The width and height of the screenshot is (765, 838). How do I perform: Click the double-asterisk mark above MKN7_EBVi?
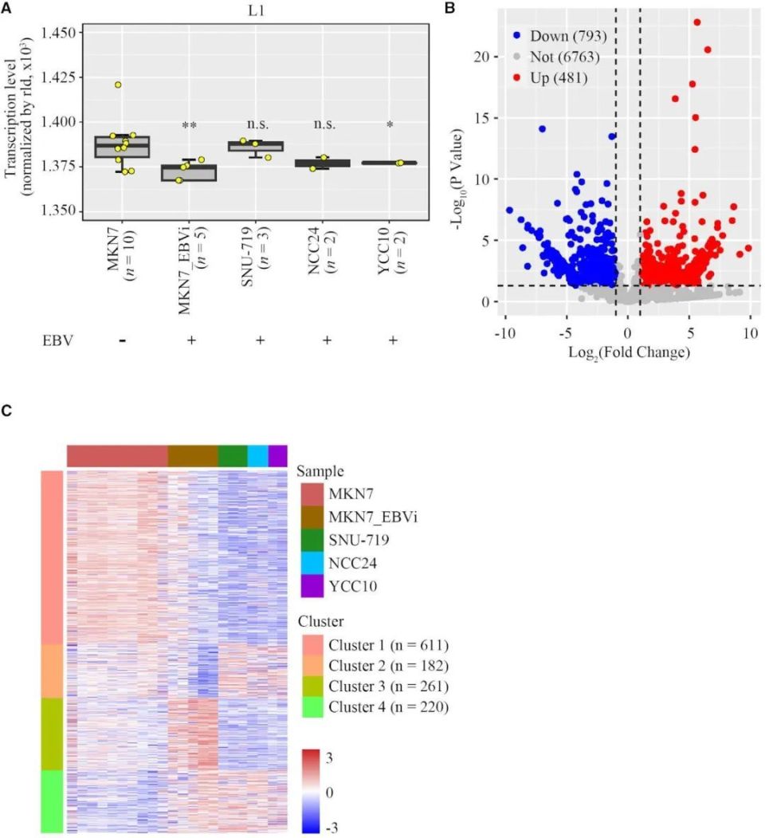point(189,126)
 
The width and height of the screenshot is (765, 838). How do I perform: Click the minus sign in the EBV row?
point(123,340)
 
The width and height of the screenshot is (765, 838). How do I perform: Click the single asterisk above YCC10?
point(390,127)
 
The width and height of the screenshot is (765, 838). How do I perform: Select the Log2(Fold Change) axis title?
point(629,352)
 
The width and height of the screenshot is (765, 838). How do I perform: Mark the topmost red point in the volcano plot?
point(697,22)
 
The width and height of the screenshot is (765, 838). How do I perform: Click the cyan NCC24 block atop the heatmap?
point(257,455)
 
